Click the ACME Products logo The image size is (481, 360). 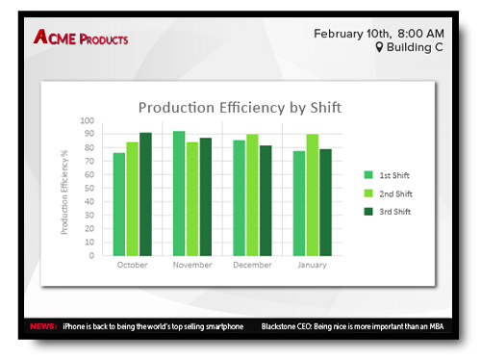[x=81, y=39]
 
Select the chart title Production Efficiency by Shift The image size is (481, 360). [x=240, y=107]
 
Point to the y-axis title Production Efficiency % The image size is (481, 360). [x=65, y=189]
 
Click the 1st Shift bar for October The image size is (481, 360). [x=119, y=204]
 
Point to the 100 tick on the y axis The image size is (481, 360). [x=87, y=121]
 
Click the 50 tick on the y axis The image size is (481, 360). [x=89, y=189]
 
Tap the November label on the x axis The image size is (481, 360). [x=192, y=265]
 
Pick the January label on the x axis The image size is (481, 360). [x=312, y=265]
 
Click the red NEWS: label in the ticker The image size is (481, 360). [x=43, y=326]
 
